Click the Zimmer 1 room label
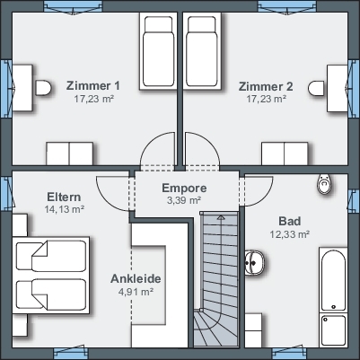(92, 85)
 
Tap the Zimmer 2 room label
(266, 86)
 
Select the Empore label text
(184, 189)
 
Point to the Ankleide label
(136, 278)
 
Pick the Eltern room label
(64, 198)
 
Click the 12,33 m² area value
(290, 234)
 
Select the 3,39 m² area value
(184, 200)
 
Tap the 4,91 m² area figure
(136, 292)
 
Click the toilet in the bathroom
(324, 184)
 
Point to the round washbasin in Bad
(255, 262)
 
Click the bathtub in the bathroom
(333, 280)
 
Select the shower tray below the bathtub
(333, 330)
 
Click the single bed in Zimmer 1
(158, 51)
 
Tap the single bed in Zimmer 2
(202, 51)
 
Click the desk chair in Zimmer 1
(43, 88)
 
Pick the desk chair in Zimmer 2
(316, 88)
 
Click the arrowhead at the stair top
(221, 217)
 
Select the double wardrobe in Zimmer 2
(285, 154)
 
